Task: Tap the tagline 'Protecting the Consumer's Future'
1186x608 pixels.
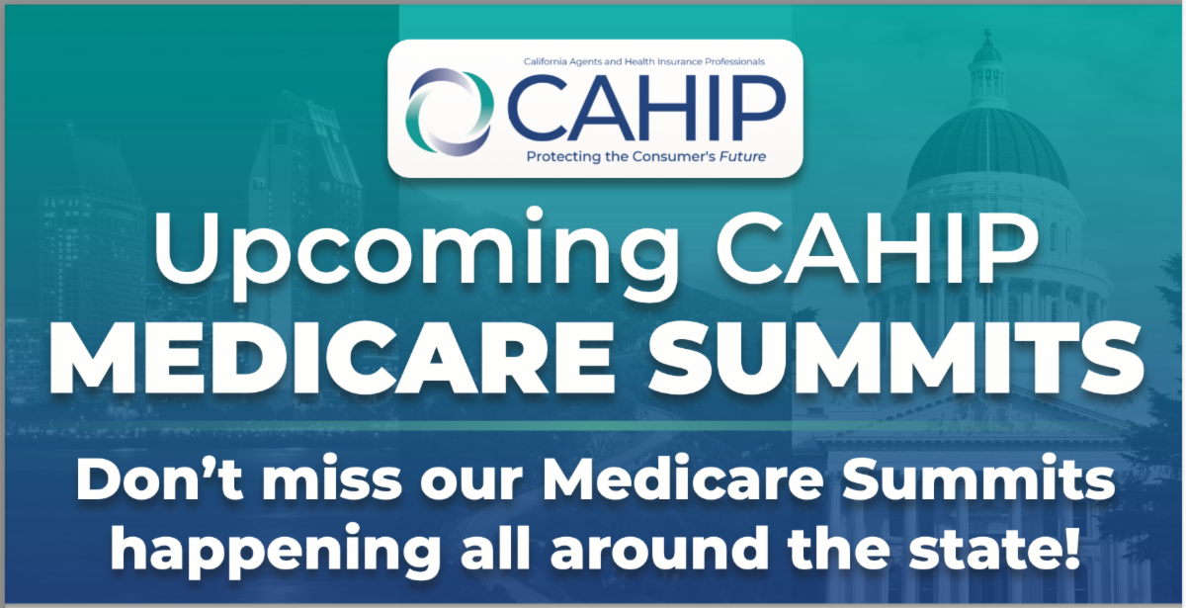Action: click(646, 156)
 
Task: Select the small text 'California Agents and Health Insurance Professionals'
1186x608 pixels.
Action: click(644, 61)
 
